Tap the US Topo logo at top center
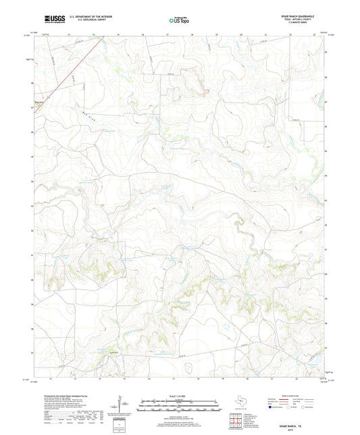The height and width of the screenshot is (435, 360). click(x=178, y=21)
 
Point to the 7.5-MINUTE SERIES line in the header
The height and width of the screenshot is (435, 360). click(x=312, y=25)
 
